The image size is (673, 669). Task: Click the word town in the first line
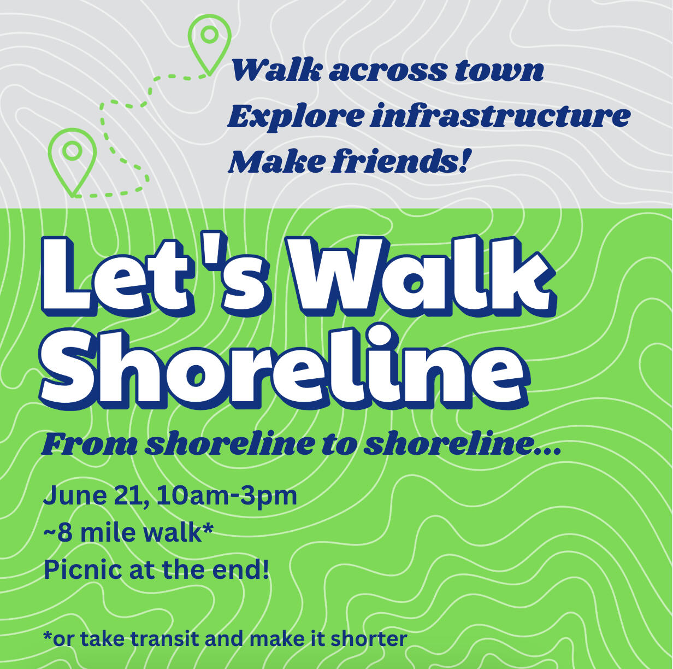tap(499, 72)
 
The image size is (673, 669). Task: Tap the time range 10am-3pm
tap(227, 496)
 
